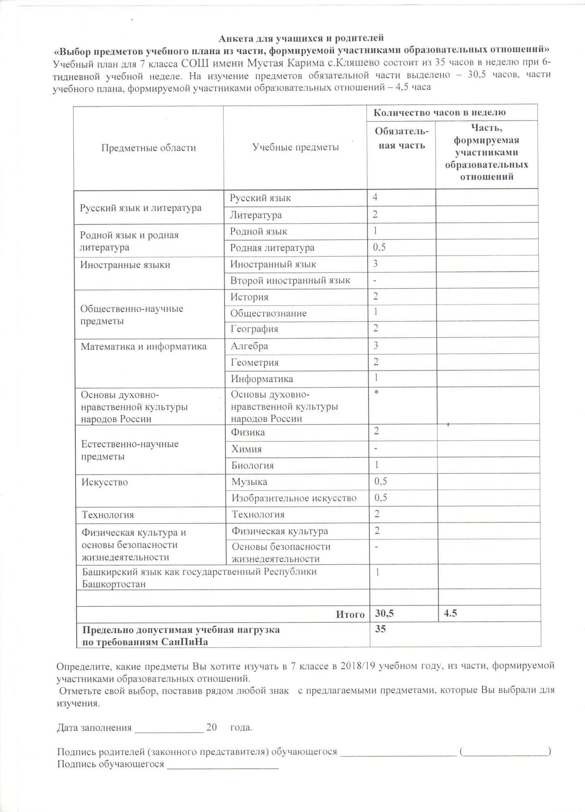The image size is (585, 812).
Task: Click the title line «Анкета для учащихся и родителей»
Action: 301,39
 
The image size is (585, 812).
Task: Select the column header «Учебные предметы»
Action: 296,147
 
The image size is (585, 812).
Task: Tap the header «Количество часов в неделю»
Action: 439,112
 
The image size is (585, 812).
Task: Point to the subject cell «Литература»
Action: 256,215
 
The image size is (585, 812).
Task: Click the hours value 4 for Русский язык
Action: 375,198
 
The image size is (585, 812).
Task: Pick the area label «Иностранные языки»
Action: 125,265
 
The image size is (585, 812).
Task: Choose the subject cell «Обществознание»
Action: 268,313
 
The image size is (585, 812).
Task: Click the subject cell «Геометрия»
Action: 255,363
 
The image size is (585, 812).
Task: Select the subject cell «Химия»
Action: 246,449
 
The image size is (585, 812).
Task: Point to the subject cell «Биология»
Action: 253,466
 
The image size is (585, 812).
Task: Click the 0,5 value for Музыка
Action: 380,482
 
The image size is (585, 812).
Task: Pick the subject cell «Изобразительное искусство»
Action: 294,498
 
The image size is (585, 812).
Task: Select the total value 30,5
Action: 384,613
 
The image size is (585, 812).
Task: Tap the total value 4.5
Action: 451,613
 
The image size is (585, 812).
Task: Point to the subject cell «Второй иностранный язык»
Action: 290,281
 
